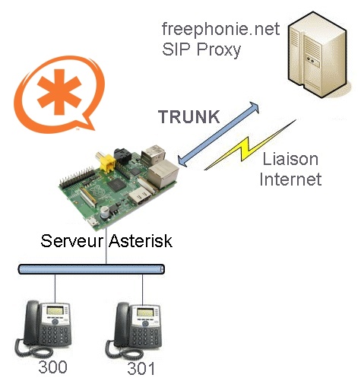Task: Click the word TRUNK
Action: [x=189, y=117]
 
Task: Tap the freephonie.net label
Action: [x=221, y=29]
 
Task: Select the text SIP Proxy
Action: [x=201, y=49]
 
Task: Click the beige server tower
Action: [x=318, y=55]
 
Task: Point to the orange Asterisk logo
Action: [x=59, y=94]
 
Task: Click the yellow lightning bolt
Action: [x=249, y=145]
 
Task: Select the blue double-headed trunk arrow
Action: [x=218, y=135]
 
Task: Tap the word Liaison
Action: [x=290, y=159]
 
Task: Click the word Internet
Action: [x=290, y=179]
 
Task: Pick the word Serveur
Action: [x=72, y=241]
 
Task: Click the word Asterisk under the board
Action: [x=141, y=241]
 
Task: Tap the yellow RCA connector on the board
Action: [x=106, y=163]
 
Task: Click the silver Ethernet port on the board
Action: [x=163, y=174]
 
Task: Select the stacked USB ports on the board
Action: [x=153, y=154]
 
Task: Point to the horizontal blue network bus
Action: [x=91, y=269]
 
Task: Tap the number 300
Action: [x=52, y=367]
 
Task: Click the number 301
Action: [x=141, y=369]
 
